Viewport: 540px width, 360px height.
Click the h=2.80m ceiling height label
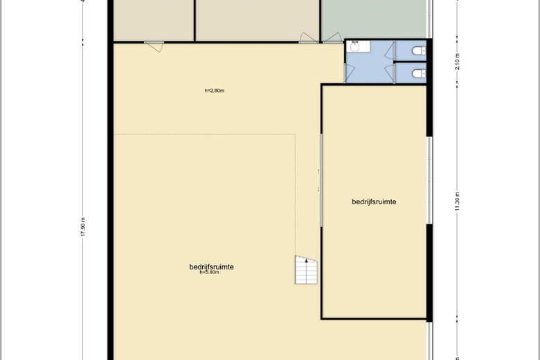click(x=214, y=91)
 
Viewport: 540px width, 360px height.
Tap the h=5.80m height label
click(x=209, y=272)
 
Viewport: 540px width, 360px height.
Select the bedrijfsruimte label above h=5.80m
click(x=211, y=267)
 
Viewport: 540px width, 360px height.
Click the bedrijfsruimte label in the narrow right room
click(x=374, y=201)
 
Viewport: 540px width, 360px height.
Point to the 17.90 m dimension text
click(x=83, y=227)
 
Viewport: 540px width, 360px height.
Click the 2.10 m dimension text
click(x=457, y=62)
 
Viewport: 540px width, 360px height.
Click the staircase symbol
click(x=306, y=270)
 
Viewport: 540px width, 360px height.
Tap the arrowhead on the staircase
click(x=307, y=261)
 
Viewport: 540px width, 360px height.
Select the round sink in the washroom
click(x=354, y=46)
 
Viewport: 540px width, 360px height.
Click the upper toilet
click(x=419, y=51)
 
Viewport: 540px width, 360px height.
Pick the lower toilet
click(x=419, y=73)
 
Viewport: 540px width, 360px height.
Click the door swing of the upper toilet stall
click(x=390, y=50)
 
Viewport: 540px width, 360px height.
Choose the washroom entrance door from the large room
click(x=349, y=73)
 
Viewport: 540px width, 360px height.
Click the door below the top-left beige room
click(x=154, y=46)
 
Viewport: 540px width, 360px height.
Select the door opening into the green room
click(x=332, y=38)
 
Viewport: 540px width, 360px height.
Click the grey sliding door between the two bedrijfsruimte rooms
click(x=321, y=180)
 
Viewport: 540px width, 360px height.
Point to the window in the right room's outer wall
click(x=429, y=180)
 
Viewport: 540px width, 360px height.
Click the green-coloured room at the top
click(x=374, y=19)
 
